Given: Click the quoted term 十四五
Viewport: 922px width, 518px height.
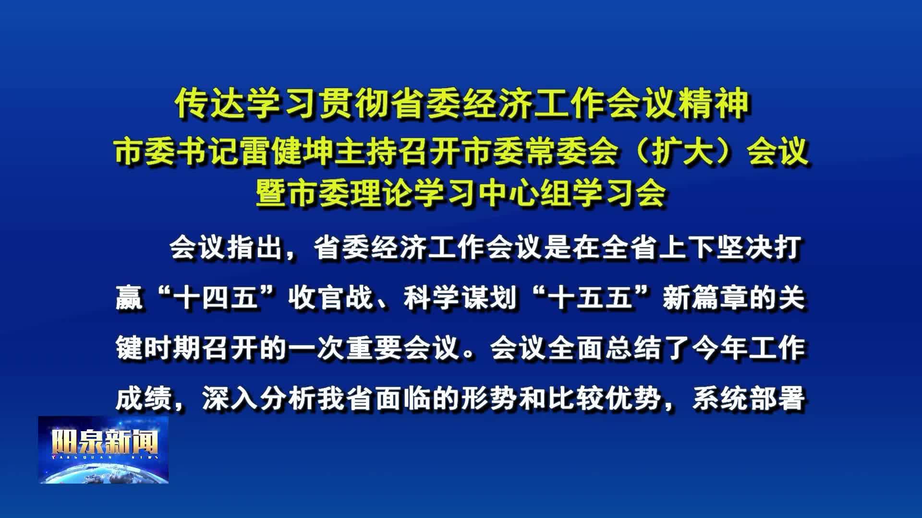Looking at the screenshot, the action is [215, 298].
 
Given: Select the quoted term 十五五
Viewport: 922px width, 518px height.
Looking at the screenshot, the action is [590, 298].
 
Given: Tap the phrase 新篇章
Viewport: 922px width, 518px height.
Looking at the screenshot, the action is [705, 298].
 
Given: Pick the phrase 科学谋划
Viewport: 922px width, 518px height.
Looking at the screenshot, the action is [460, 298].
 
